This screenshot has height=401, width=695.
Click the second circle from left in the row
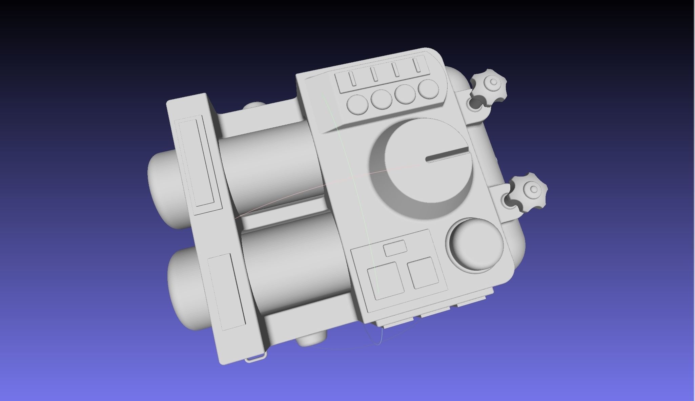(x=382, y=99)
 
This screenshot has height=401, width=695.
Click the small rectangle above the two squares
(x=395, y=248)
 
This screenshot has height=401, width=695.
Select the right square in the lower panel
(x=423, y=272)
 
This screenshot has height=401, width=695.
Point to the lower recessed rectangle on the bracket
(x=226, y=292)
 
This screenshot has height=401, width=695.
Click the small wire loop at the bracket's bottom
(x=256, y=358)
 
